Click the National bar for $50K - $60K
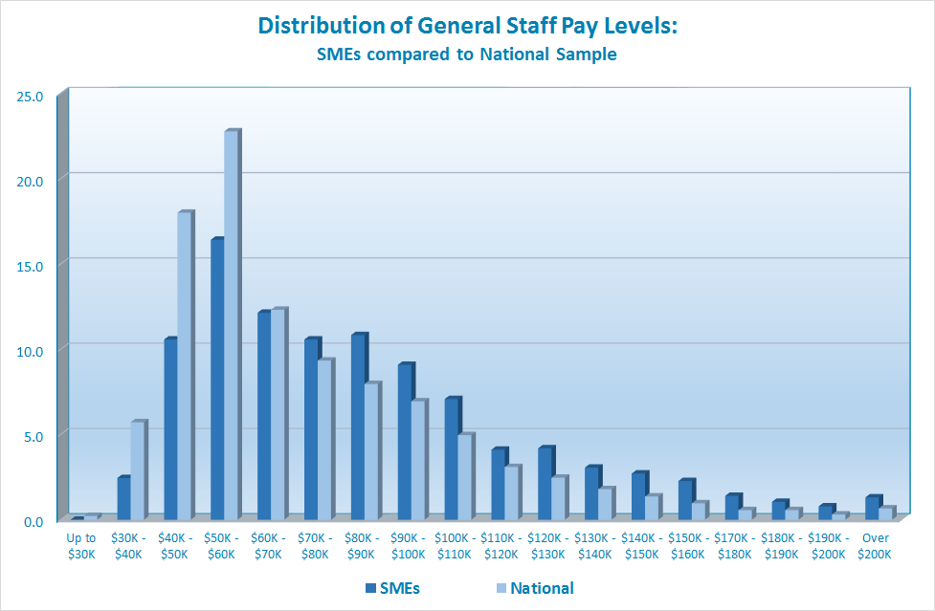pos(231,325)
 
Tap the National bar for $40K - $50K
pos(184,366)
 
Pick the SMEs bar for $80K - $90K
pos(357,426)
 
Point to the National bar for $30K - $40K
pos(137,470)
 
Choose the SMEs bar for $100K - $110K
pos(451,458)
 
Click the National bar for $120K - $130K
pos(558,498)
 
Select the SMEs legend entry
pos(392,588)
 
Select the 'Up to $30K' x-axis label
pos(81,545)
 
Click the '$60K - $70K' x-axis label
pos(268,545)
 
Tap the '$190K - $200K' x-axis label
pos(829,545)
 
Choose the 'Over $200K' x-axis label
pos(876,545)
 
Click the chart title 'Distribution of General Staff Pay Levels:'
pos(467,26)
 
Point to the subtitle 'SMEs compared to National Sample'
pos(467,55)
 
